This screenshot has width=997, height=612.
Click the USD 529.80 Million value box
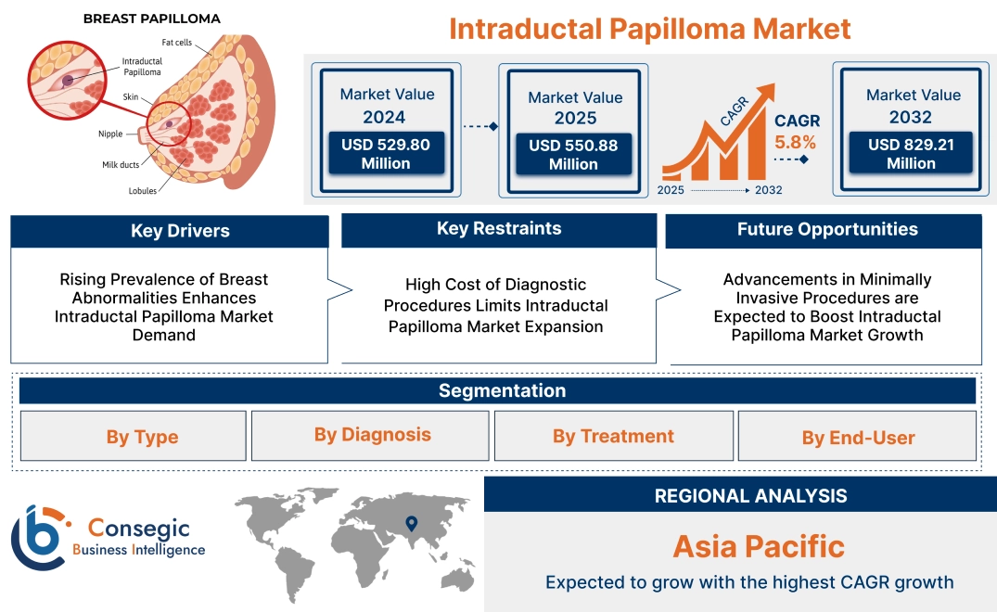pos(385,154)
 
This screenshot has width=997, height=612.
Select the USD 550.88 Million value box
pos(573,155)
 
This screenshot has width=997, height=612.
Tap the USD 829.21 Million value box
pos(911,154)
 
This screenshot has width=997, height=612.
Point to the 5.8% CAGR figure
pos(795,142)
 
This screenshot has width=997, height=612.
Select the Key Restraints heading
pos(499,229)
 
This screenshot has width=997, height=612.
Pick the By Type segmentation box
pos(141,437)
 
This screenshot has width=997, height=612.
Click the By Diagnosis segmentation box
pos(372,435)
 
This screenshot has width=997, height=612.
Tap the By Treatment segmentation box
pos(613,436)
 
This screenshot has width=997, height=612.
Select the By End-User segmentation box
pos(858,438)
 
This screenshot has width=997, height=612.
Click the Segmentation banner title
pos(502,390)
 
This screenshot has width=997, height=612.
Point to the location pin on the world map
pos(412,524)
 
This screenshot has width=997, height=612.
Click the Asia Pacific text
pos(759,545)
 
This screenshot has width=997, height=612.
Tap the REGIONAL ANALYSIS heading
pos(750,496)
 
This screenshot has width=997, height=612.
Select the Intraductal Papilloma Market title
pos(649,29)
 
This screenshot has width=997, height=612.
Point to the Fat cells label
pos(178,43)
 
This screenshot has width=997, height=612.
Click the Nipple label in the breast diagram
pos(110,134)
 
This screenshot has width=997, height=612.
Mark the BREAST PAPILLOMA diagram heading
pos(139,19)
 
